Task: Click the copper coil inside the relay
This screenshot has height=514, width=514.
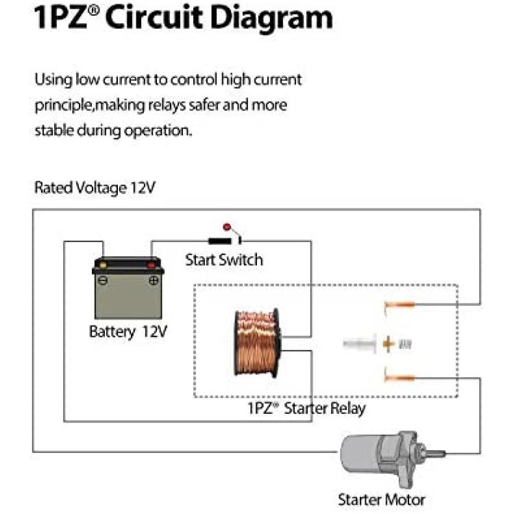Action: click(258, 343)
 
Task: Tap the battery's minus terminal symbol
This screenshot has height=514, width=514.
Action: click(103, 280)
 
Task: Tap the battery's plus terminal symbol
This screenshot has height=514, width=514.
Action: click(154, 280)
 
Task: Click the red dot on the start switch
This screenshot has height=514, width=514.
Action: click(227, 227)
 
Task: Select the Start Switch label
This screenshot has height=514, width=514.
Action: click(224, 260)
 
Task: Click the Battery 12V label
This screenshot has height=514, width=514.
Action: click(128, 332)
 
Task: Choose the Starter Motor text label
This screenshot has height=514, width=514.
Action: click(381, 500)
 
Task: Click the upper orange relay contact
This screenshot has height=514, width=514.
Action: click(400, 306)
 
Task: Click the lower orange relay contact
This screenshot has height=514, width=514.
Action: click(400, 378)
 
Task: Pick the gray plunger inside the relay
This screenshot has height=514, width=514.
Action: click(360, 343)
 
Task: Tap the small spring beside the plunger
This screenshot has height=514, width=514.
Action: click(405, 344)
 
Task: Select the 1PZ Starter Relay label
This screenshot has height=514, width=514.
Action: click(306, 408)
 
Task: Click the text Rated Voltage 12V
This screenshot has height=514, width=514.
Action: click(95, 188)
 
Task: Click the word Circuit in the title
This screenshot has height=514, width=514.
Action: click(154, 17)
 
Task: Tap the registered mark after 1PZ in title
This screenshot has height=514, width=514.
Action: click(94, 10)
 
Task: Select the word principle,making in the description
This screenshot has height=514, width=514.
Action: click(90, 106)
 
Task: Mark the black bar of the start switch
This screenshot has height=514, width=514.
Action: click(220, 241)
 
